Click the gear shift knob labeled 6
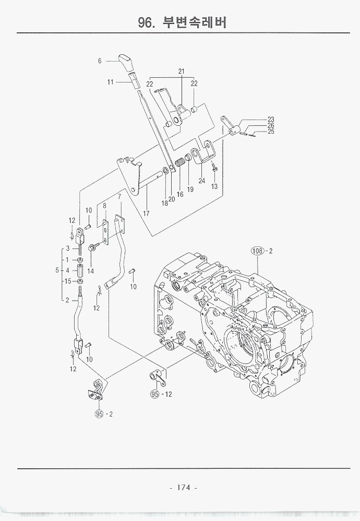click(127, 63)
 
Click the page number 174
click(183, 488)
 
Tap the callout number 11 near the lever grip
click(111, 82)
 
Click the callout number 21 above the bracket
click(182, 72)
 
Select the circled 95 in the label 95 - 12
click(154, 394)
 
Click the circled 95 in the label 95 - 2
click(99, 414)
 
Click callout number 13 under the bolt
click(214, 186)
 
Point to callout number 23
click(271, 119)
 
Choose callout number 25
click(271, 132)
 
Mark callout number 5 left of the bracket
click(57, 270)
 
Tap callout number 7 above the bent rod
click(119, 197)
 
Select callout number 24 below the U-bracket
click(201, 181)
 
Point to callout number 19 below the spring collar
click(190, 189)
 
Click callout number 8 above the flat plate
click(104, 206)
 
